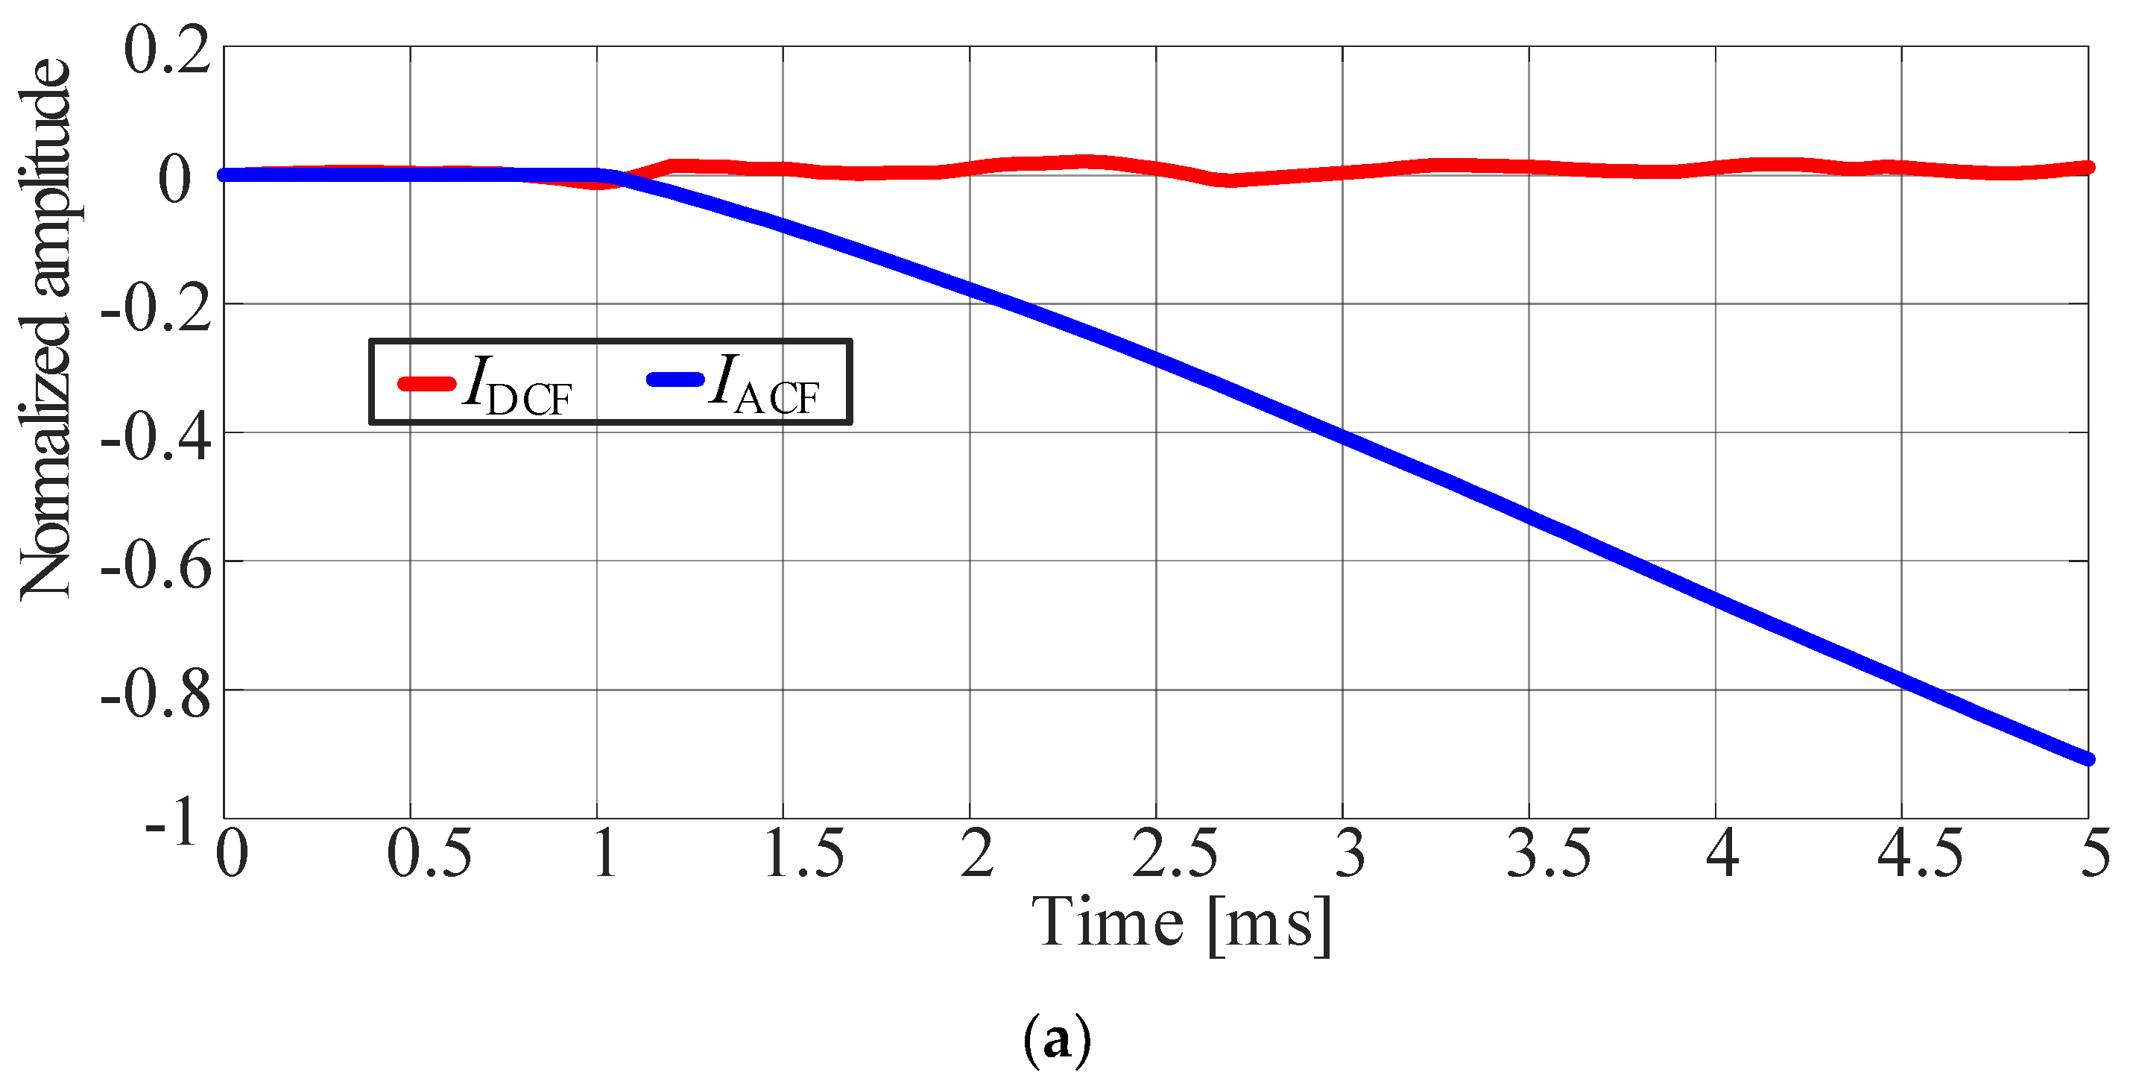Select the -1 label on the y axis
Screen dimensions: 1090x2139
[x=172, y=823]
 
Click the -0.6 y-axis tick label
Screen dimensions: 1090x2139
[x=156, y=567]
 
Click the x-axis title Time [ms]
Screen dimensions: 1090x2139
[x=1181, y=924]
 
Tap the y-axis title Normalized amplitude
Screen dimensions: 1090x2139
[x=46, y=329]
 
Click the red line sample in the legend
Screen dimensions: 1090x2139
[x=427, y=384]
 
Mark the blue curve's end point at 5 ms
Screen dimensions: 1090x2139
[x=2088, y=758]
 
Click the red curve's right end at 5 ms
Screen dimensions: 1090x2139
[x=2088, y=168]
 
